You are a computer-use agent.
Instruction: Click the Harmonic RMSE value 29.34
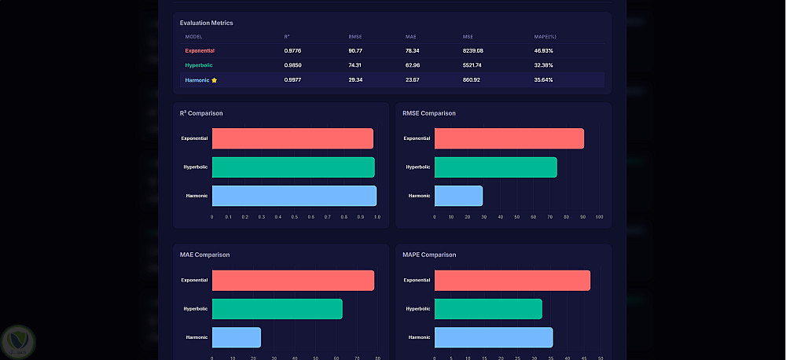pyautogui.click(x=354, y=79)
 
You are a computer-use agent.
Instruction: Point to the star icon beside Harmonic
pyautogui.click(x=214, y=79)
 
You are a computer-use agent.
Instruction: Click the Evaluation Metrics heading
pyautogui.click(x=206, y=23)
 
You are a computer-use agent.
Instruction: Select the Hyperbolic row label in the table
pyautogui.click(x=199, y=65)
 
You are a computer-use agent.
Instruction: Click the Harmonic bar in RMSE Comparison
pyautogui.click(x=458, y=196)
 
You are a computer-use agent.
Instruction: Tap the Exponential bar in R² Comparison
pyautogui.click(x=292, y=138)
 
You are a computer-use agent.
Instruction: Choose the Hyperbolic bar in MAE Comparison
pyautogui.click(x=277, y=309)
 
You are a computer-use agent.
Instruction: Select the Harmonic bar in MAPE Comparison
pyautogui.click(x=493, y=337)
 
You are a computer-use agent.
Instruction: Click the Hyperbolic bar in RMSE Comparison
pyautogui.click(x=495, y=167)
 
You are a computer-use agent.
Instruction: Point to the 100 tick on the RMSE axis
pyautogui.click(x=599, y=217)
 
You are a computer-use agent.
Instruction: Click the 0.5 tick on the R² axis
pyautogui.click(x=295, y=217)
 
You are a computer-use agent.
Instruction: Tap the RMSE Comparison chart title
pyautogui.click(x=428, y=113)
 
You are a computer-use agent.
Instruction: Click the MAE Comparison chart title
pyautogui.click(x=204, y=255)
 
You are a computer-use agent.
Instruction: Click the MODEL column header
pyautogui.click(x=193, y=36)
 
